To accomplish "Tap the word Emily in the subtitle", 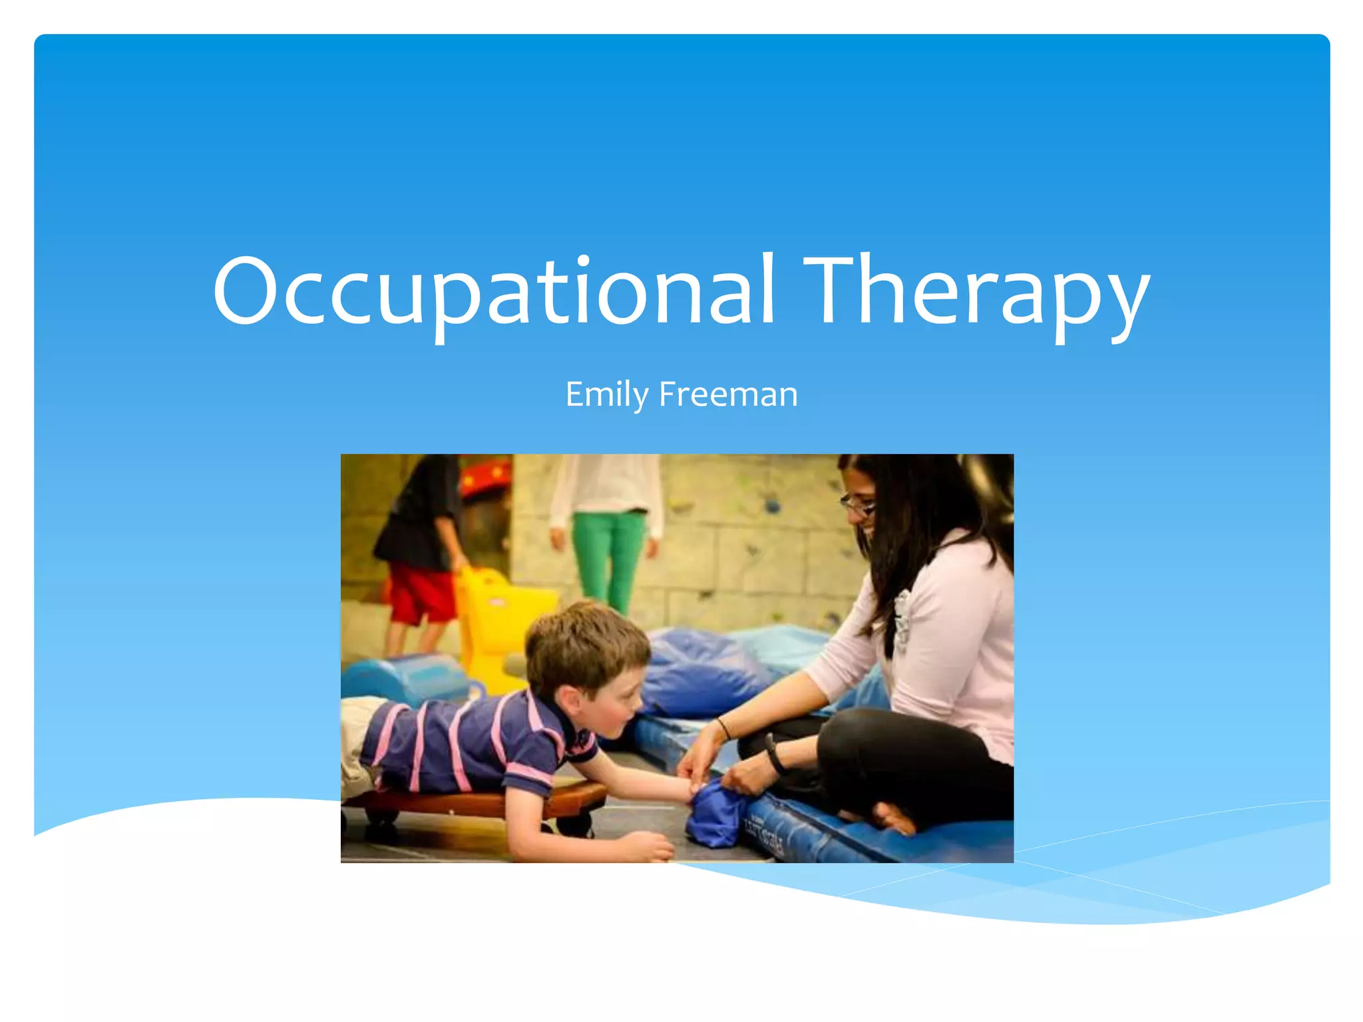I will (x=606, y=394).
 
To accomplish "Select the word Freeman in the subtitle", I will (x=728, y=394).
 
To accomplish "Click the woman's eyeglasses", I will (x=857, y=506).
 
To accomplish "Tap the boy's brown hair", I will (x=586, y=642).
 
